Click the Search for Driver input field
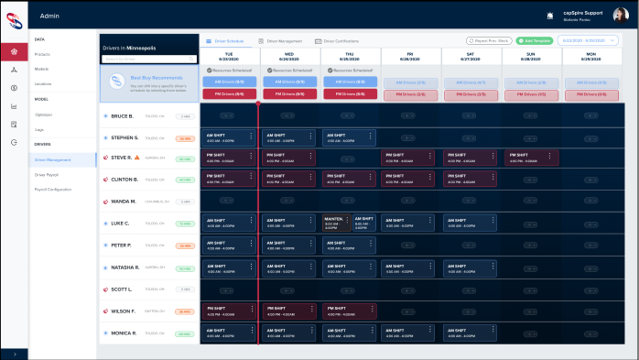pos(148,59)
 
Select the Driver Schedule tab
pos(225,41)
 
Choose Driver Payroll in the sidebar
pos(46,173)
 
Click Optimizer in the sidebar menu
pos(43,115)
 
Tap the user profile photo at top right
pos(620,15)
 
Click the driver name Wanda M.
pos(124,202)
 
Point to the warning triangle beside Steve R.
pos(138,158)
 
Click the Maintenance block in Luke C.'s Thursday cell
pos(333,223)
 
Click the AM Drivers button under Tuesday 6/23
pos(229,82)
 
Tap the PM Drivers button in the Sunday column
pos(530,94)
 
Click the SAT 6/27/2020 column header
pos(471,55)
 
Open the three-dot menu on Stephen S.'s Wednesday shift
pos(312,136)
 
